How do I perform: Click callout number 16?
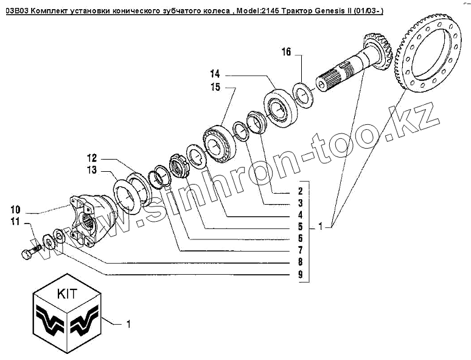[x=285, y=52]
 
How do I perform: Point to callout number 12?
[x=92, y=157]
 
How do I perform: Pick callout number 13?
[x=92, y=170]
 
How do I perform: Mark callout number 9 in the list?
[x=300, y=275]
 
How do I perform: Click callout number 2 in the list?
[x=300, y=191]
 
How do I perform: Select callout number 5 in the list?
[x=300, y=227]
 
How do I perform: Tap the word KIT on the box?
[x=66, y=293]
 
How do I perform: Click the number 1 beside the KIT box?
[x=128, y=324]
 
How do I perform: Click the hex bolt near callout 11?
[x=28, y=253]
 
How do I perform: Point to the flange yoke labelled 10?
[x=91, y=220]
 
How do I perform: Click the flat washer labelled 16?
[x=302, y=94]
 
